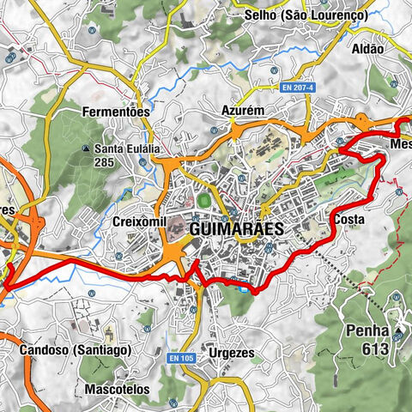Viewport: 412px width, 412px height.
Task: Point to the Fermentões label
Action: [x=116, y=112]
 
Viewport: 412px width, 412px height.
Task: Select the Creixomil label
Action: [x=137, y=221]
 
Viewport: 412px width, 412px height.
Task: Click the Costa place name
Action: [x=350, y=220]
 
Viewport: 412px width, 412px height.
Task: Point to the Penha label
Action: [x=367, y=330]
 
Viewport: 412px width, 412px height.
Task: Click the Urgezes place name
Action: [x=228, y=352]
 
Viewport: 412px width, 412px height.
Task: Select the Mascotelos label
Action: [x=118, y=389]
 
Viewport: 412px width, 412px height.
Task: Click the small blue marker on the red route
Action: [x=245, y=288]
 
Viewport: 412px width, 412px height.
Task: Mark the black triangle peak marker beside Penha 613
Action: [x=399, y=330]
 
